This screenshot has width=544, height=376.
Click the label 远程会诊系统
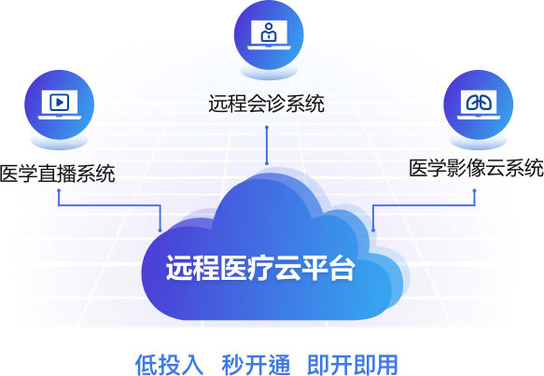point(266,103)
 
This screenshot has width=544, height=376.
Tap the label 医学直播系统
point(58,174)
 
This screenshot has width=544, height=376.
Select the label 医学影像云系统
point(476,168)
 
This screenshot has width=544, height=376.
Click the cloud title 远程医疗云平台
point(260,268)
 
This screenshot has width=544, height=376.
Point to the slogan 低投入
point(169,365)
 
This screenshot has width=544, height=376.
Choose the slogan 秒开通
point(256,365)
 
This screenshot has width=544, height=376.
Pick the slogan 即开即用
point(353,365)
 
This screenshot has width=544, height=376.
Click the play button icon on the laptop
point(60,103)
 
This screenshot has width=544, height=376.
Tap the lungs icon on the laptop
point(479,103)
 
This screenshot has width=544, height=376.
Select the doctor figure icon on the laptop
point(269,32)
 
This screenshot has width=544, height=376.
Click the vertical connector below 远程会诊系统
point(267,146)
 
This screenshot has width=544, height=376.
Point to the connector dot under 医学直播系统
point(59,190)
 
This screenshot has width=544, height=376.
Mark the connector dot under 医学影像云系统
point(475,190)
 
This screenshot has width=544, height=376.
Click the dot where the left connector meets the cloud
point(160,230)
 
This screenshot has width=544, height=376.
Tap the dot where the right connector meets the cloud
point(373,230)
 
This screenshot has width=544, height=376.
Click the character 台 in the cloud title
point(342,268)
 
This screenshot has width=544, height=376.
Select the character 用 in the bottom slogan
point(387,365)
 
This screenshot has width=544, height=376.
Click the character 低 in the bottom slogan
point(146,365)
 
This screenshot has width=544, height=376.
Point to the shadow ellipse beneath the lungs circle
point(479,142)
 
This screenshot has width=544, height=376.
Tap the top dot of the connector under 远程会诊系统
point(267,128)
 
